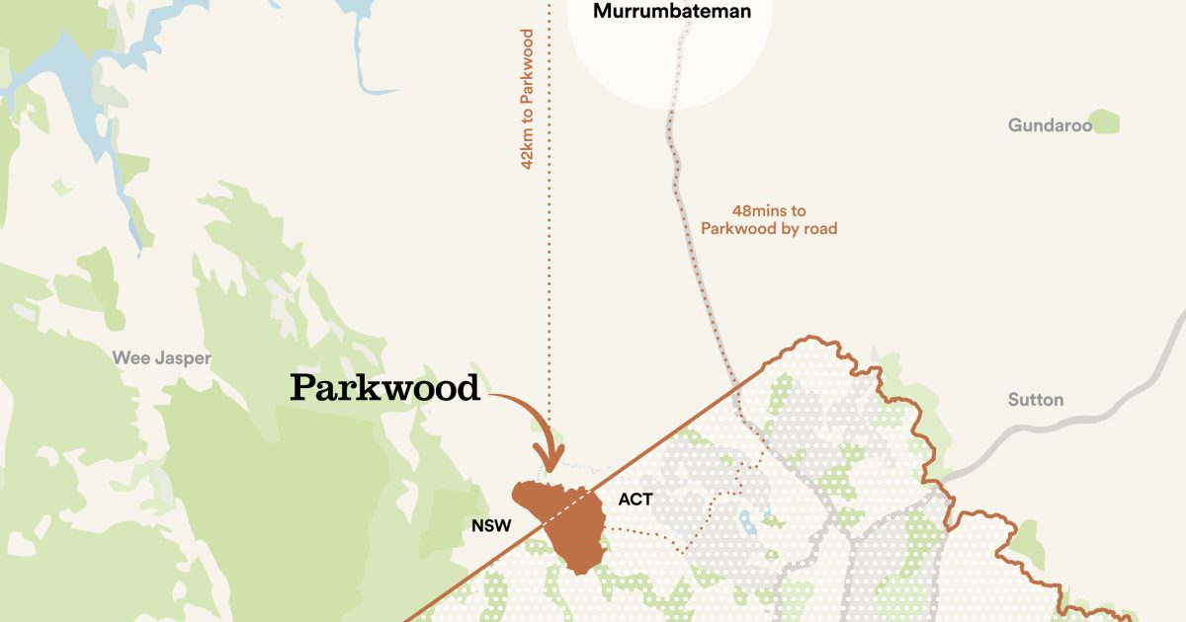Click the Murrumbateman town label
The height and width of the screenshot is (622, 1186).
[671, 13]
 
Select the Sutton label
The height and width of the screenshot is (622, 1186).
[1036, 400]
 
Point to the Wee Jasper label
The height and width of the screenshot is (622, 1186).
[161, 357]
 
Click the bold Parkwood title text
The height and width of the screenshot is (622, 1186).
[384, 388]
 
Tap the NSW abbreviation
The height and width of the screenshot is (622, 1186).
[491, 525]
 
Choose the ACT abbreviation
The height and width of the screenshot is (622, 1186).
[635, 500]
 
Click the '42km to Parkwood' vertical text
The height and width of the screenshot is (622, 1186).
[528, 99]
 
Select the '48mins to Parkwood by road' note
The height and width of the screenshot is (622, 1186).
[769, 219]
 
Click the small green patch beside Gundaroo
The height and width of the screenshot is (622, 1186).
[1106, 122]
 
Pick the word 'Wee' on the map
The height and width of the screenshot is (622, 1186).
[130, 357]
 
